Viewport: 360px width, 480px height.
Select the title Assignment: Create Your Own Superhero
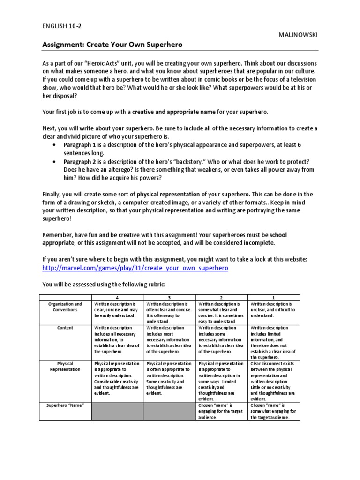(x=112, y=45)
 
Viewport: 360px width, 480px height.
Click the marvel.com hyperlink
(x=135, y=268)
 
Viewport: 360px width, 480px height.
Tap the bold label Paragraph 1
(x=80, y=145)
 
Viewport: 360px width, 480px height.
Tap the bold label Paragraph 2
(x=80, y=161)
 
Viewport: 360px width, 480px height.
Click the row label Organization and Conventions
(x=65, y=307)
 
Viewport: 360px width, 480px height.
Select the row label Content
(x=65, y=328)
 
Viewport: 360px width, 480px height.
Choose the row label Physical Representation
(x=65, y=367)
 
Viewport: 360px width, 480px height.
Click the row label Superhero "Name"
(x=65, y=405)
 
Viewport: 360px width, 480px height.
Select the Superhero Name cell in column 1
(x=274, y=411)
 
